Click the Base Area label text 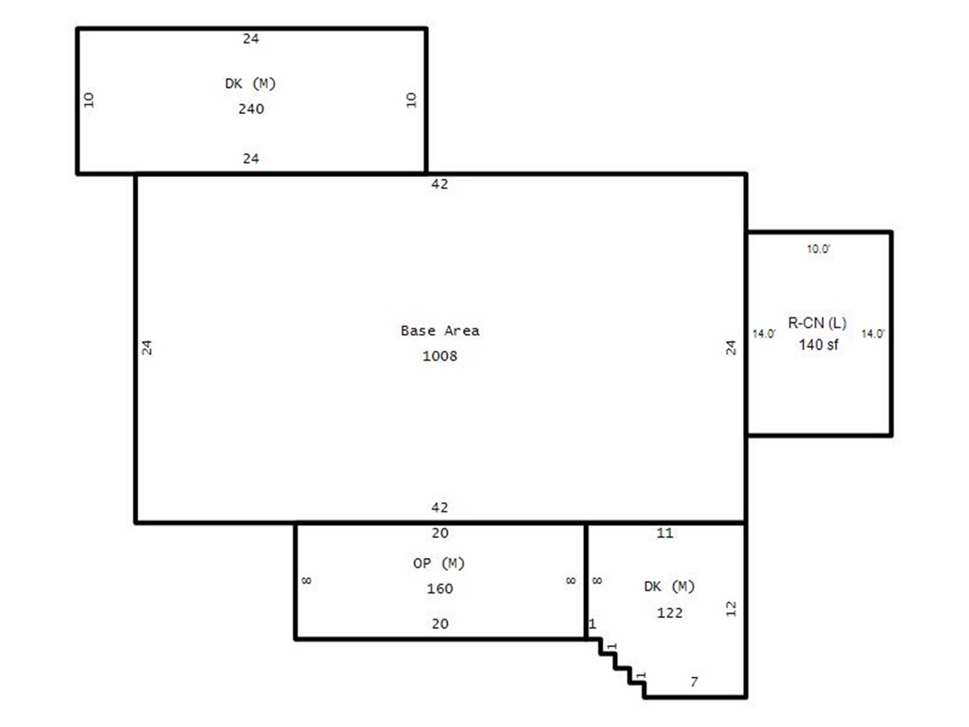click(x=439, y=331)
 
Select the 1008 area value click(x=439, y=356)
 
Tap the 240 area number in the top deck click(x=251, y=108)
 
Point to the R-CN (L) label click(x=817, y=323)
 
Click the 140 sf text click(x=818, y=345)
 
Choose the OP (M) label click(x=439, y=563)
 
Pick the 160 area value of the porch click(x=439, y=588)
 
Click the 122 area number click(x=670, y=613)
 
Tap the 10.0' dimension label click(x=818, y=249)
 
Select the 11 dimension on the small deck click(x=665, y=533)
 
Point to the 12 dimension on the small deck click(x=731, y=609)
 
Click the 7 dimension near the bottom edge click(x=694, y=682)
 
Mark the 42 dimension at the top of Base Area click(x=439, y=184)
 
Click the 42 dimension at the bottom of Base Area click(x=439, y=508)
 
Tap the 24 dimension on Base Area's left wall click(x=147, y=347)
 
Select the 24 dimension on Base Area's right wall click(x=731, y=347)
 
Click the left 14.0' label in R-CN click(x=764, y=334)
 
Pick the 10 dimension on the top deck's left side click(x=89, y=100)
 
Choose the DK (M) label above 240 click(x=250, y=83)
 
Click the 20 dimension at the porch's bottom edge click(x=439, y=624)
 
